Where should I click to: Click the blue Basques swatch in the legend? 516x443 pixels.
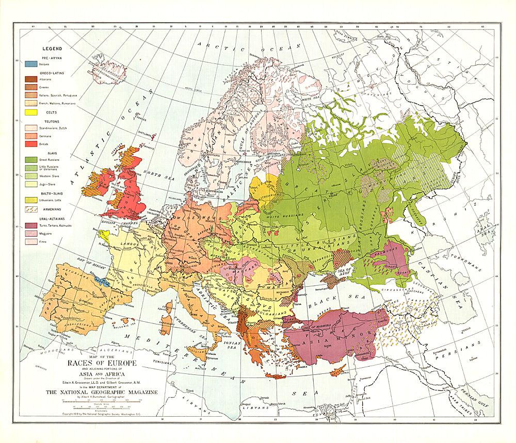pyautogui.click(x=30, y=64)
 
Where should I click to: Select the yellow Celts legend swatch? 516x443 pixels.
pyautogui.click(x=30, y=112)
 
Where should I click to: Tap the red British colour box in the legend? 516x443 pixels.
pyautogui.click(x=30, y=145)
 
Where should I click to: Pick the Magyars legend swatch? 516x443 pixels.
pyautogui.click(x=30, y=234)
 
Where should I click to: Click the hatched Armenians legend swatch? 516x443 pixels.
pyautogui.click(x=30, y=210)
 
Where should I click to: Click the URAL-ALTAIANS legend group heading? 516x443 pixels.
pyautogui.click(x=47, y=219)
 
